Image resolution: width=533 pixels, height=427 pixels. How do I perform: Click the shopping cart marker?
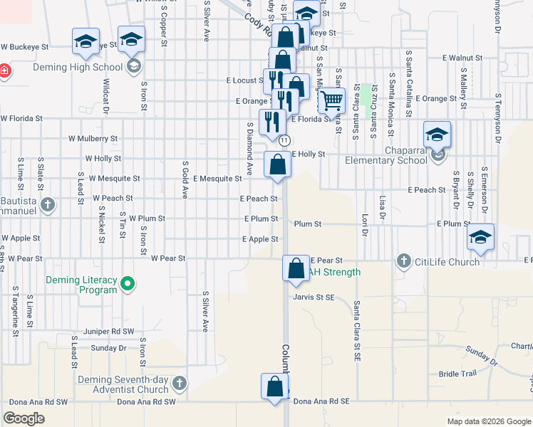coord(331,101)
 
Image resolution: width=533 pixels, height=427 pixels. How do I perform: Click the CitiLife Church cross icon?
coord(404,261)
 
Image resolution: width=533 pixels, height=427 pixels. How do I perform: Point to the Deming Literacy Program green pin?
coord(128,285)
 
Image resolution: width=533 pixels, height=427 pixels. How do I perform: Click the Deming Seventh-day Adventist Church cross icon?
coord(179,384)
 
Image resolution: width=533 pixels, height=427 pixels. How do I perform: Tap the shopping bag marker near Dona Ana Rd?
coord(275,387)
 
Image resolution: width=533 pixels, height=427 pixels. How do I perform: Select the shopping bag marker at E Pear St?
coord(296,269)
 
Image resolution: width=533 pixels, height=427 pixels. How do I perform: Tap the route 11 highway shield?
coord(284,141)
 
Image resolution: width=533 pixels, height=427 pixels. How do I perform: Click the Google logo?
coord(24,418)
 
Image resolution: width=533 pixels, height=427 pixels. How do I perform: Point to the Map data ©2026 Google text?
coord(488,421)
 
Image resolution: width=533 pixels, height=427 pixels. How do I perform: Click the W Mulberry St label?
coord(93,138)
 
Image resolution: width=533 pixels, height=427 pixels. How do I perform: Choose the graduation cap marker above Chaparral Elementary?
coord(437,135)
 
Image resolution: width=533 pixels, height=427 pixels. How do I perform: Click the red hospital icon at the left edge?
coord(4,70)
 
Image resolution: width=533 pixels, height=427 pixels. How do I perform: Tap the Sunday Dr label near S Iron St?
coord(108,348)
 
